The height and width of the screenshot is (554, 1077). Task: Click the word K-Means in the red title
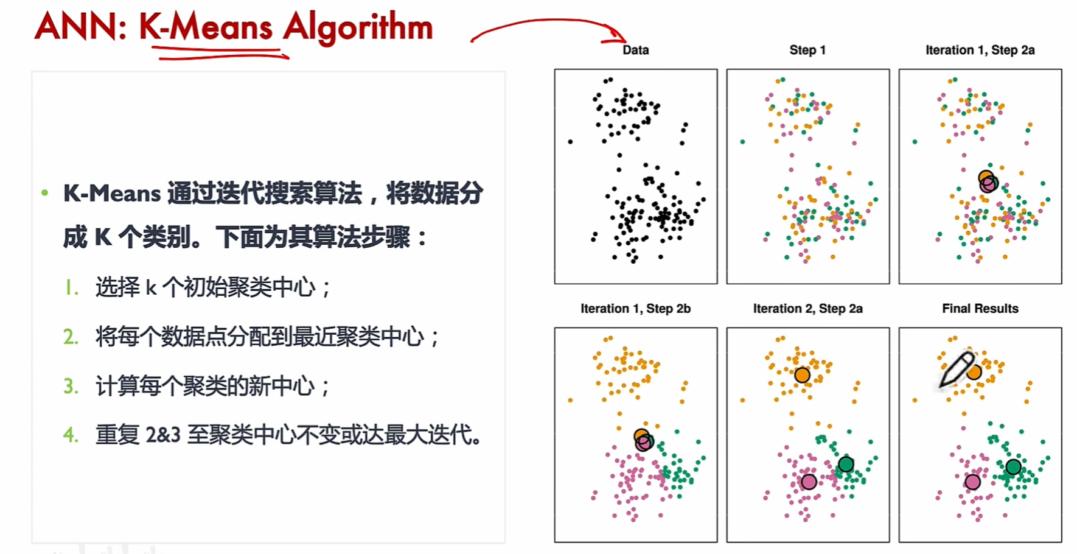(206, 27)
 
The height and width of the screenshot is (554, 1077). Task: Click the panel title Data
(636, 50)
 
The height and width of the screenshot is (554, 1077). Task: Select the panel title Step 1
(807, 50)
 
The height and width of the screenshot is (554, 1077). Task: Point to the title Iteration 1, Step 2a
(980, 50)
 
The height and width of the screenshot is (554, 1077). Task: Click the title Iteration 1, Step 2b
(635, 309)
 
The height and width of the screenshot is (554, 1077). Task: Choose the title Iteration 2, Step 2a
(807, 309)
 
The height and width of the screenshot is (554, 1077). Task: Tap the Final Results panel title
(980, 309)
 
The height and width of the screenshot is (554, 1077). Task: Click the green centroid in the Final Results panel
(1013, 467)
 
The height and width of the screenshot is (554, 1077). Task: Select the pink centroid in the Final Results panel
(972, 482)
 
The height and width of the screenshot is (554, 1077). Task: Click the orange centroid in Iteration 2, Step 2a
(802, 375)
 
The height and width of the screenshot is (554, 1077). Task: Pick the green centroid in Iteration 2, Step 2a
(846, 465)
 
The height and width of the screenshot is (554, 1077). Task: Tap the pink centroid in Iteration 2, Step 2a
(809, 482)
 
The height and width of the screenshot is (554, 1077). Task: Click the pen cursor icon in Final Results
(956, 370)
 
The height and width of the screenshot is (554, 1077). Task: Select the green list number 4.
(71, 435)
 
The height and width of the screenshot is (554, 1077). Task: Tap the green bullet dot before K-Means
(44, 193)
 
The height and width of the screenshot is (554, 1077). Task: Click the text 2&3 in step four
(163, 435)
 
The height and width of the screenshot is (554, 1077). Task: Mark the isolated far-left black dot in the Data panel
(570, 142)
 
